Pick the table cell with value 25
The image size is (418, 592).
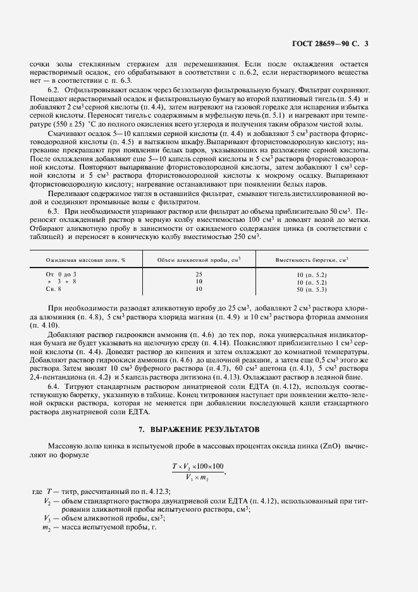pyautogui.click(x=199, y=274)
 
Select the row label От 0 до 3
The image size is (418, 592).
pyautogui.click(x=61, y=274)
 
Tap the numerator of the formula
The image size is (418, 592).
pyautogui.click(x=198, y=466)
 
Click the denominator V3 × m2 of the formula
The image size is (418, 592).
pyautogui.click(x=198, y=478)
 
